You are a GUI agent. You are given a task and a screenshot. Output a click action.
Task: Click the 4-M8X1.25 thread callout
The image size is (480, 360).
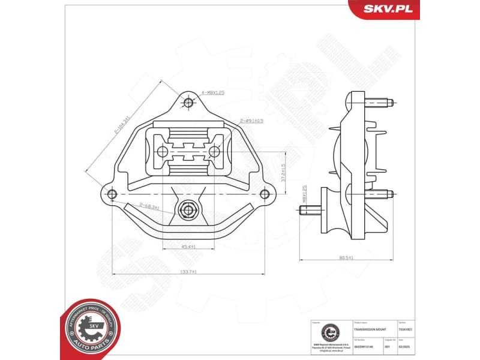[212, 93]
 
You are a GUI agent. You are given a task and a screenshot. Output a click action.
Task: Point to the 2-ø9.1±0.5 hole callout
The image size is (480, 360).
[251, 121]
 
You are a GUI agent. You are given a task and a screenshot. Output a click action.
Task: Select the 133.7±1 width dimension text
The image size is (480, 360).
[188, 271]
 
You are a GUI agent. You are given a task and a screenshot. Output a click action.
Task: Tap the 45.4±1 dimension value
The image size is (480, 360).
[189, 247]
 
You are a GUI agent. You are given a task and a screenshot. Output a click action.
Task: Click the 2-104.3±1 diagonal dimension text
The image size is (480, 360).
[122, 125]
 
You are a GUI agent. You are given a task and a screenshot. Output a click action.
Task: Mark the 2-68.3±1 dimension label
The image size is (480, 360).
[149, 207]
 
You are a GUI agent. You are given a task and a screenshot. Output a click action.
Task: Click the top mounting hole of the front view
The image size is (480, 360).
[188, 103]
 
